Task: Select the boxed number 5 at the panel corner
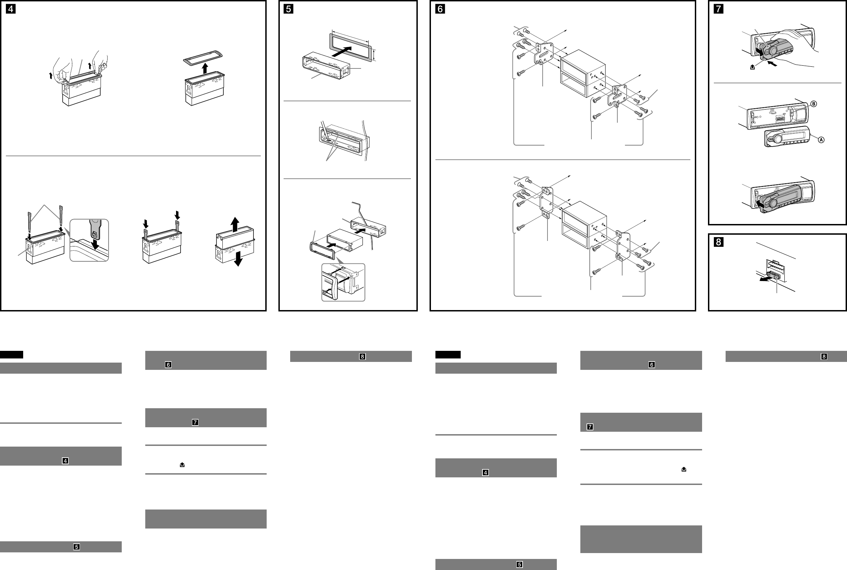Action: (288, 9)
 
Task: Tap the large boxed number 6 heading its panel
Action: (440, 9)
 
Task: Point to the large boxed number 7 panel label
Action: (719, 9)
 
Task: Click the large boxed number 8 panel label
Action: (719, 242)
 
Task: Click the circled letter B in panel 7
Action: (813, 104)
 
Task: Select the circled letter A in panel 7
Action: (821, 140)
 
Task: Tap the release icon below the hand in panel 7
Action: (753, 67)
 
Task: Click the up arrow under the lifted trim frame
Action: (205, 68)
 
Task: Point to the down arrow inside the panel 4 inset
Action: (95, 243)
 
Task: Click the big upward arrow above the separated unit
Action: (235, 224)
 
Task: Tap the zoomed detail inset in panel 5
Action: (343, 282)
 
